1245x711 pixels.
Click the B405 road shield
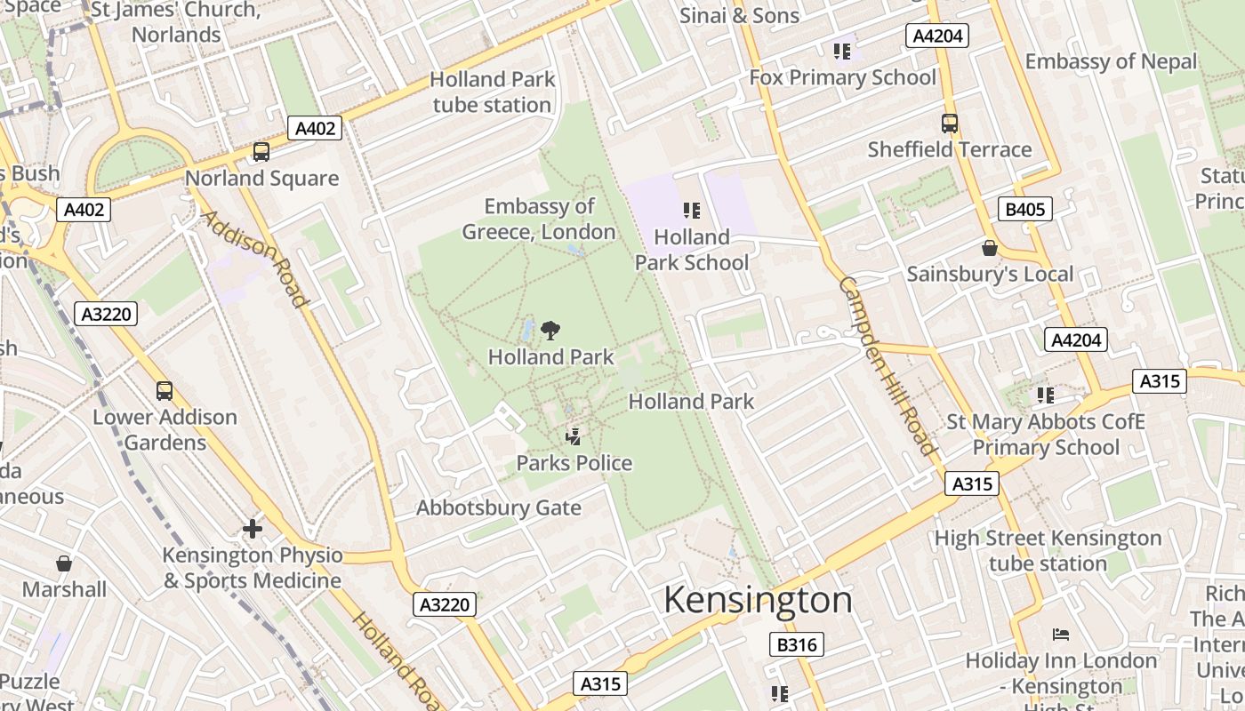coord(1025,210)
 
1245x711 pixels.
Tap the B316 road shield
coord(796,644)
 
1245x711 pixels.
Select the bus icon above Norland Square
coord(261,152)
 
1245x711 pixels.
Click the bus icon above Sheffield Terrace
coord(949,124)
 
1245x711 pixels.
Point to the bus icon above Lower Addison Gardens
coord(164,390)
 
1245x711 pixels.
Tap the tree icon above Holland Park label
coord(550,331)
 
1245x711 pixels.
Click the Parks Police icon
coord(574,436)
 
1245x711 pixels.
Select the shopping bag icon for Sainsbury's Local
coord(989,248)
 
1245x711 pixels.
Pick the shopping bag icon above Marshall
coord(64,563)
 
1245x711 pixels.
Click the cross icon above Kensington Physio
coord(253,529)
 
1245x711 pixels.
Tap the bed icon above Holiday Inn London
coord(1060,635)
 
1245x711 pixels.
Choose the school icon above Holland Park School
coord(691,211)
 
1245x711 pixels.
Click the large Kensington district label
coord(758,600)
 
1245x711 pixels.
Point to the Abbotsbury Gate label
coord(498,508)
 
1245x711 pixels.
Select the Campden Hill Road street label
coord(887,365)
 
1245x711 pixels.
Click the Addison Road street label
coord(254,259)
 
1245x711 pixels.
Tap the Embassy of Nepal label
coord(1111,61)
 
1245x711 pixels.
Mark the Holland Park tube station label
coord(492,92)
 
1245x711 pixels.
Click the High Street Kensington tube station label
coord(1048,550)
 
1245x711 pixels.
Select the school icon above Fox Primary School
coord(841,52)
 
